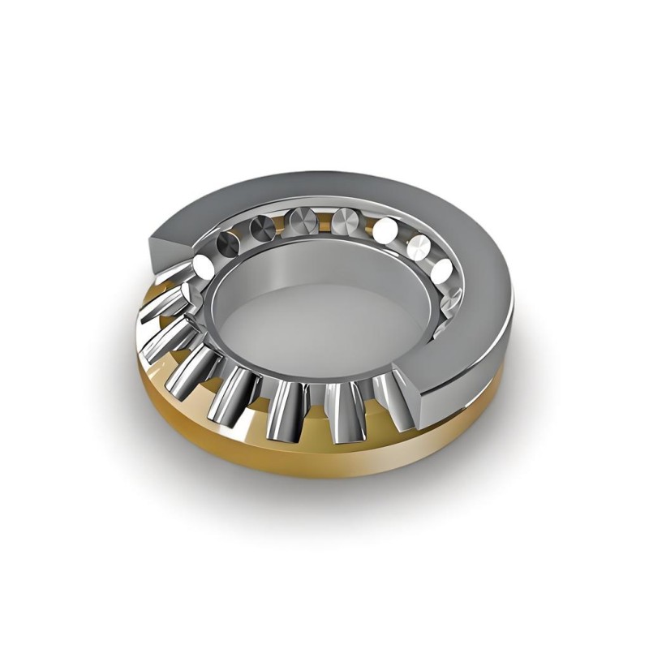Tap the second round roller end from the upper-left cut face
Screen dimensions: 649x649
point(229,239)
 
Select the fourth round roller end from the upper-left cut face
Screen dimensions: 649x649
point(298,218)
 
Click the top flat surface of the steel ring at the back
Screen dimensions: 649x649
point(341,188)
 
